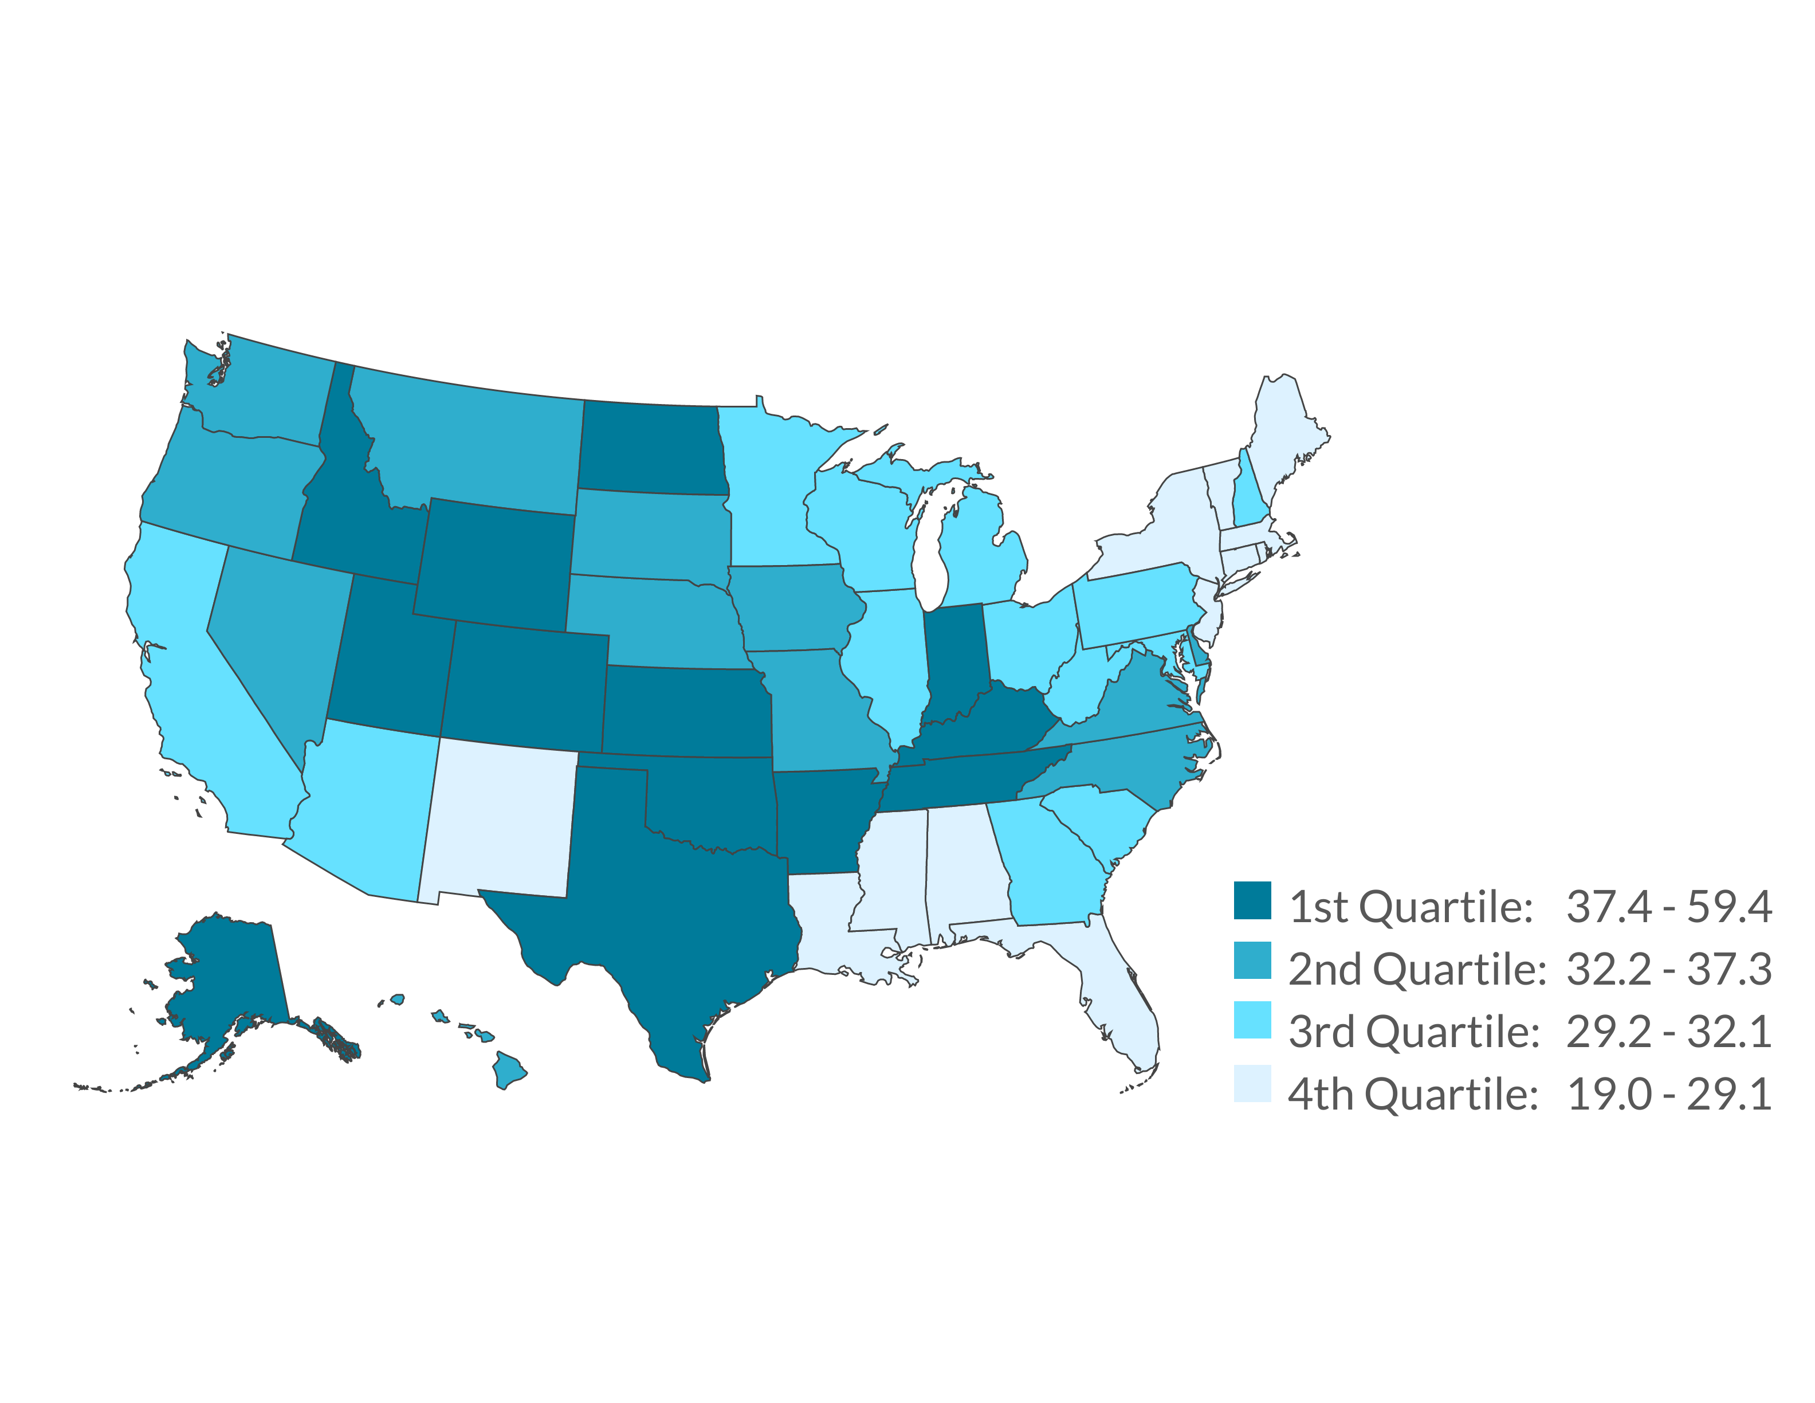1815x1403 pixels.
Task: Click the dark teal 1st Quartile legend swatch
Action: (x=1252, y=900)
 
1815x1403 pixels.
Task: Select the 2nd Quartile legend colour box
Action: (x=1252, y=960)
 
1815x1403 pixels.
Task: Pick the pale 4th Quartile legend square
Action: (x=1252, y=1083)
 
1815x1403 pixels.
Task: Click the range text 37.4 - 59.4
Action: (x=1669, y=907)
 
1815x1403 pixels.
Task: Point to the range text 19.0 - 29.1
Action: (x=1669, y=1094)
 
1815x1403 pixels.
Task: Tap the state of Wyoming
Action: (x=494, y=561)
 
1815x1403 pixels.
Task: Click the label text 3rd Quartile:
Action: (x=1413, y=1032)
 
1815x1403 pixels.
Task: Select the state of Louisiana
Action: (x=831, y=923)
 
